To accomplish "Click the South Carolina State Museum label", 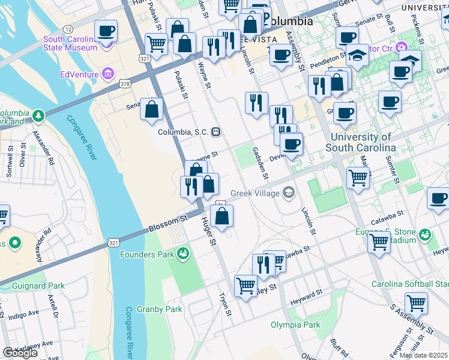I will [70, 43].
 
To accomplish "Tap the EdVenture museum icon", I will [108, 74].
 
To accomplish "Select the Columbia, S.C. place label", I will [184, 132].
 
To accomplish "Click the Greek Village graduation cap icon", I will [289, 193].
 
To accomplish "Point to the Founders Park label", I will [148, 254].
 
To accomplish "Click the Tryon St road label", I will [225, 304].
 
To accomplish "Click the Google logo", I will [20, 353].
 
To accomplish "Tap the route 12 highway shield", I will [68, 29].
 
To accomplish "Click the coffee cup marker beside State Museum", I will [106, 31].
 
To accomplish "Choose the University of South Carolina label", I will [360, 142].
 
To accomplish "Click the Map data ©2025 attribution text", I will [423, 355].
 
